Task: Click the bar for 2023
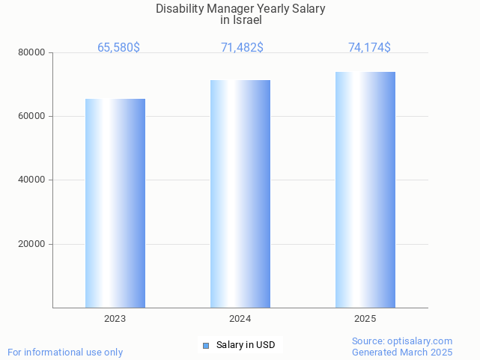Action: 115,203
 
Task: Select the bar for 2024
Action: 240,194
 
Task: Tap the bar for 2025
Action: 365,189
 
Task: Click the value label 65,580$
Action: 118,48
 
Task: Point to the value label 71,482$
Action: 242,48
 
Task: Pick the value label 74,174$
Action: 369,48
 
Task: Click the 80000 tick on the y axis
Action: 32,53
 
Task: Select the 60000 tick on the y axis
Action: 32,117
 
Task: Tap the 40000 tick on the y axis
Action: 32,180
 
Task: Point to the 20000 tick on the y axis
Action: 32,244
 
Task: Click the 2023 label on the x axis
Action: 115,319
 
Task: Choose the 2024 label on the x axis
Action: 240,319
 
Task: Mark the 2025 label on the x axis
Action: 365,319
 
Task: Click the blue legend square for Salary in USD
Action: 207,345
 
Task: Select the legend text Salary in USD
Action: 246,345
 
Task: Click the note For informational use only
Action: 65,352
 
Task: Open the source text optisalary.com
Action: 423,341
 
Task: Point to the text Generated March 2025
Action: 402,352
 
